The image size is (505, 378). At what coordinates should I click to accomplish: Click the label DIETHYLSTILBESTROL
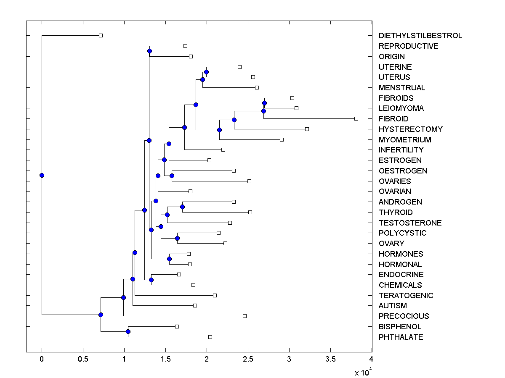pos(420,36)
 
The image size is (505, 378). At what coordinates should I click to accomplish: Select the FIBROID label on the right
pos(393,119)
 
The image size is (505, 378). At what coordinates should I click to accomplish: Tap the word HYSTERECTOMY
pos(404,129)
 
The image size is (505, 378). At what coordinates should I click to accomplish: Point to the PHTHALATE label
pos(401,337)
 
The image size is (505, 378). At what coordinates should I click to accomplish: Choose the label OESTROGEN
pos(403,171)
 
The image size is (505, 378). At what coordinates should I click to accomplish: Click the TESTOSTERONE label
pos(404,223)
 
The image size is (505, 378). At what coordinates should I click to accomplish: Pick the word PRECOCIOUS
pos(404,316)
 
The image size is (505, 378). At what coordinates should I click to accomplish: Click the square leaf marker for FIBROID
pos(356,119)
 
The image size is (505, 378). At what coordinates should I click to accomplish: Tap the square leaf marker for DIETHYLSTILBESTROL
pos(101,35)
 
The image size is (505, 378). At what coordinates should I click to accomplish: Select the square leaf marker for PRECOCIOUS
pos(245,316)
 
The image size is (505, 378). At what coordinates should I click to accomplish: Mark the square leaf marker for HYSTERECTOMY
pos(307,129)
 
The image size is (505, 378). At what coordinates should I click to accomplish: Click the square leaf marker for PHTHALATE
pos(210,337)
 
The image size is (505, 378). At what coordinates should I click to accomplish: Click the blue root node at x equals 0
pos(42,175)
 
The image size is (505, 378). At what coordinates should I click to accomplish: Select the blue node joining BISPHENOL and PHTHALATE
pos(128,332)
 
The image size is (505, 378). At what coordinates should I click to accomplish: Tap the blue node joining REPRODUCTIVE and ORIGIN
pos(149,51)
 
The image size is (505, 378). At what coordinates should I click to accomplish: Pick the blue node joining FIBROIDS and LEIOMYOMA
pos(264,103)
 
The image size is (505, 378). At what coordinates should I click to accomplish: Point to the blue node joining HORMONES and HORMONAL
pos(169,259)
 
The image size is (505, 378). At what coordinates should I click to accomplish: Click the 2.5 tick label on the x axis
pos(248,359)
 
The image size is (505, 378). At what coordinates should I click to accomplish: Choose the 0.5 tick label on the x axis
pos(83,359)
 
